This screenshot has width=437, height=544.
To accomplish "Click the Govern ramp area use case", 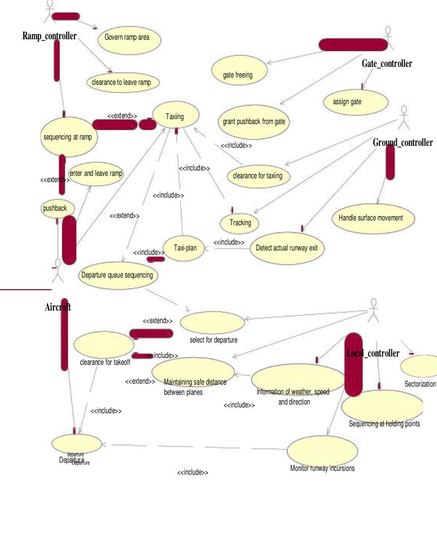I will point(129,38).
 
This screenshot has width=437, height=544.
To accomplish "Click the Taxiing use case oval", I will point(175,116).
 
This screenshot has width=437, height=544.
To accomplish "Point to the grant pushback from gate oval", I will point(254,121).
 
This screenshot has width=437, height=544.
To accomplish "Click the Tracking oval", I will point(240,223).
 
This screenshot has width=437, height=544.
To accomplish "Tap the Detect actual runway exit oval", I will point(287,248).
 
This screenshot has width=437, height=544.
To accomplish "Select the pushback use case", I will point(57,208).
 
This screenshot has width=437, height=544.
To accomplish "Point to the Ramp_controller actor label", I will point(49,36).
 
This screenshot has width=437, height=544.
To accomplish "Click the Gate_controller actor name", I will point(387,63).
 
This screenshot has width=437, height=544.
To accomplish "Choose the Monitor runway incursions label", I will point(322,468).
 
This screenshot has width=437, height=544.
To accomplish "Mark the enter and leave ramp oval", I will point(96,174).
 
